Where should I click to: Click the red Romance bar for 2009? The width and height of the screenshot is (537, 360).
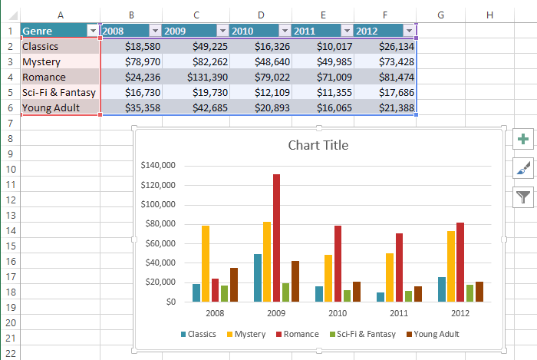(x=276, y=238)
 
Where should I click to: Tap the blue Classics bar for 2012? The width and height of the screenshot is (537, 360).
(x=442, y=289)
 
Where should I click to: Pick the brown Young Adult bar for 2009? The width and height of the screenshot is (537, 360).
(x=295, y=281)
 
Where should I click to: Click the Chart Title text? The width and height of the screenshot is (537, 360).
(x=318, y=145)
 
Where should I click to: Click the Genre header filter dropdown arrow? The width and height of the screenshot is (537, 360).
(x=94, y=31)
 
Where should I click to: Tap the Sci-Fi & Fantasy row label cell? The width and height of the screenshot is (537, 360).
(x=59, y=92)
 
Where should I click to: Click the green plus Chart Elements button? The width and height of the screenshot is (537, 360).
(x=523, y=139)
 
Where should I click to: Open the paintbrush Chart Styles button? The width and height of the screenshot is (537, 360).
(x=523, y=168)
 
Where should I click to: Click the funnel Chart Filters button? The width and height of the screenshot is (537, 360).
(x=523, y=197)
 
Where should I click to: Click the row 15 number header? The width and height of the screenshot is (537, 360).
(x=9, y=246)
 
